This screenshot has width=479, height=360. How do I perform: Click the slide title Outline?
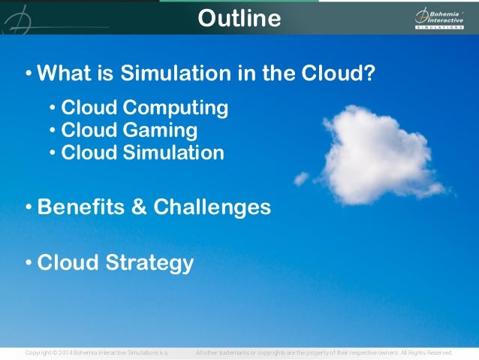pyautogui.click(x=239, y=18)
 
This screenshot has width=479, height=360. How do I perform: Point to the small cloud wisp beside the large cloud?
pyautogui.click(x=301, y=178)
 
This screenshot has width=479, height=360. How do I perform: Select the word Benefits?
pyautogui.click(x=80, y=207)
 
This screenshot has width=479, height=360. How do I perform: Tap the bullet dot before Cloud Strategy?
pyautogui.click(x=28, y=264)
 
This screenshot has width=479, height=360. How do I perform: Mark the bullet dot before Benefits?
pyautogui.click(x=28, y=207)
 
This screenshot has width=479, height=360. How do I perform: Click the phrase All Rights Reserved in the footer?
pyautogui.click(x=426, y=352)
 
